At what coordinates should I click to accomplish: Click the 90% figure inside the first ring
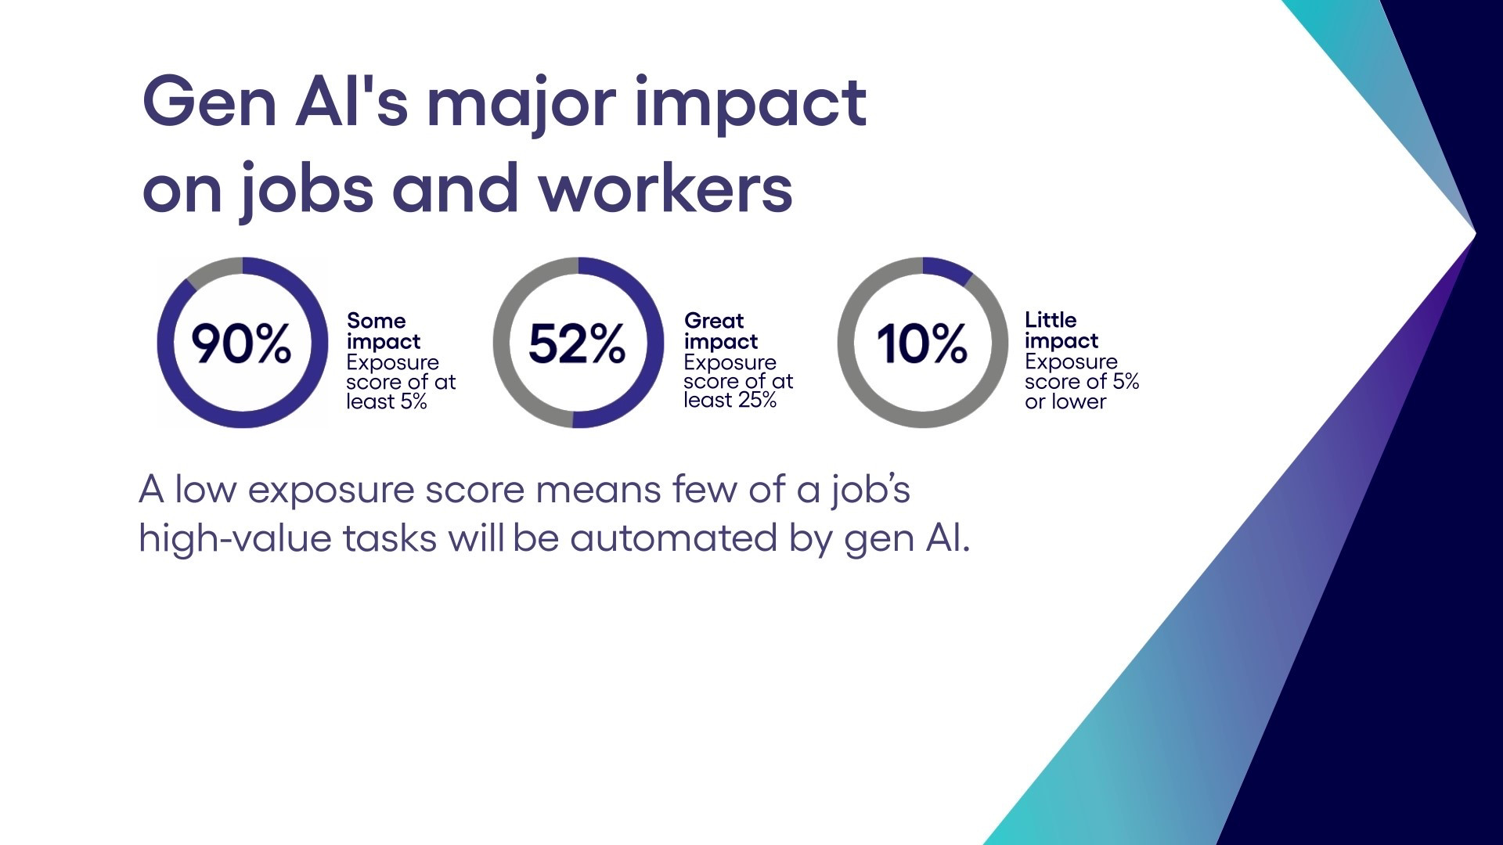[x=241, y=343]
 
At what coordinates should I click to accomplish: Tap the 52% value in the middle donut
[x=577, y=343]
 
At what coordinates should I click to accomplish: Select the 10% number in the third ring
[x=921, y=343]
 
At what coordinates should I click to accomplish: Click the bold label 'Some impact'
[x=384, y=331]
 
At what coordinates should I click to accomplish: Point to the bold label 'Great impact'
[x=721, y=331]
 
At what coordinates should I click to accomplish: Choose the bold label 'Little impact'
[x=1061, y=330]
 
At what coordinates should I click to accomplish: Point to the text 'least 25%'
[x=730, y=400]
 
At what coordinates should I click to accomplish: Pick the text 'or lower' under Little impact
[x=1065, y=401]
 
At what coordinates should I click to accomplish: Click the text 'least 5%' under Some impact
[x=387, y=401]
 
